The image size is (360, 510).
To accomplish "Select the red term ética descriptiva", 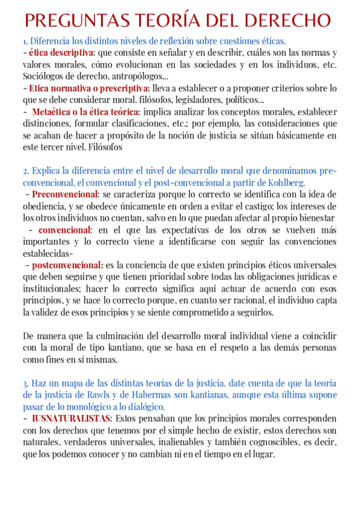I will click(57, 53).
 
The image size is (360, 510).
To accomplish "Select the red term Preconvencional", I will click(65, 194).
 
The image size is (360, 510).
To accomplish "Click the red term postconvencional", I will click(67, 265).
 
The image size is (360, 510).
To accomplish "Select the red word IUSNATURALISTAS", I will click(72, 418).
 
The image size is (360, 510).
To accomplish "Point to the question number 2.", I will click(26, 171).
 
